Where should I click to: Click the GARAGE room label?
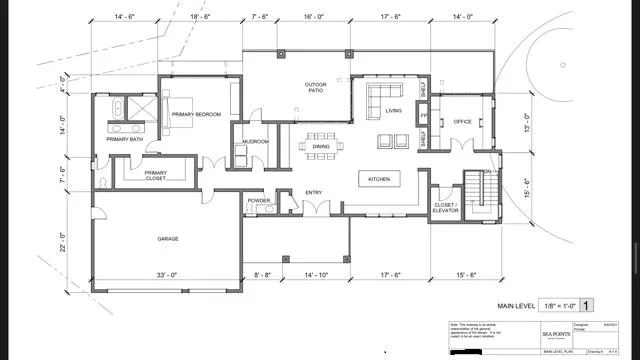(x=167, y=239)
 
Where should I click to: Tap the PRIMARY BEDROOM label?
(x=196, y=114)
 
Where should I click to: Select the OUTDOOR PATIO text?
(x=316, y=88)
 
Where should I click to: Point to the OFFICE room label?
(x=461, y=121)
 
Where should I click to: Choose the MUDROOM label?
(x=255, y=141)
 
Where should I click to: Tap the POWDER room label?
(x=259, y=200)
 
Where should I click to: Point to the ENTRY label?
(x=312, y=192)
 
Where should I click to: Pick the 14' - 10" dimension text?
(x=315, y=274)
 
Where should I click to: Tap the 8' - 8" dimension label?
(x=263, y=274)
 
